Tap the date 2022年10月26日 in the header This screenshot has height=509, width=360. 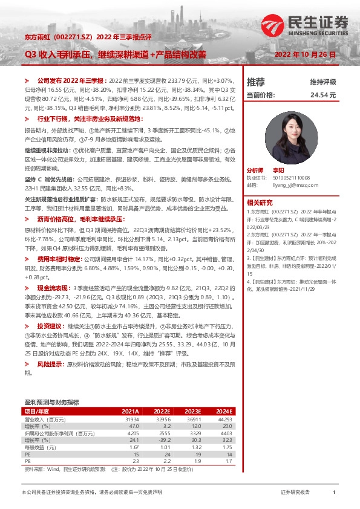[304, 54]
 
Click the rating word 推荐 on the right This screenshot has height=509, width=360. [255, 82]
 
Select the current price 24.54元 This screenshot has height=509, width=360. [323, 95]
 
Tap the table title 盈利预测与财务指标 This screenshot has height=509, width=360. [52, 401]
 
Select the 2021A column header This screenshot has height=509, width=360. [130, 410]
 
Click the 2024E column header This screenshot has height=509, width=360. [223, 410]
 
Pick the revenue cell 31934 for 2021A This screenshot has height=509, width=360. [131, 419]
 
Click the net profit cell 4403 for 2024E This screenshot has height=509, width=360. [226, 433]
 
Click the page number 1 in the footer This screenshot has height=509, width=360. [334, 493]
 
